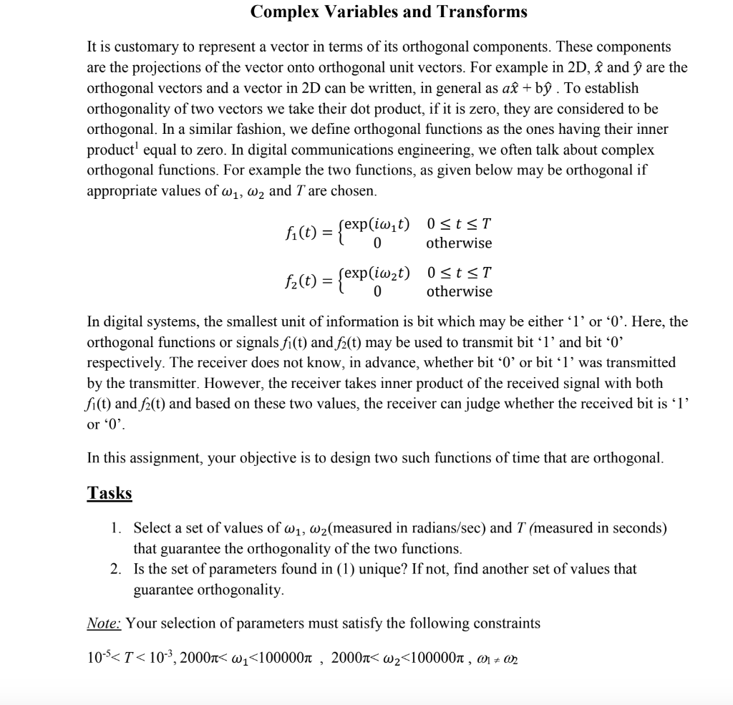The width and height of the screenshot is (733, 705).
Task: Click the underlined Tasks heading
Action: click(x=109, y=493)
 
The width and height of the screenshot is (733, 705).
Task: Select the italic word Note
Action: click(x=104, y=623)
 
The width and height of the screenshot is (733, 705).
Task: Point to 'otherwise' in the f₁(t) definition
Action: click(x=459, y=243)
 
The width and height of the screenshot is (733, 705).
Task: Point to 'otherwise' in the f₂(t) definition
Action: click(x=459, y=291)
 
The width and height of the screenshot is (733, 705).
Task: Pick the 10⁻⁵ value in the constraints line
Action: click(x=97, y=657)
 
